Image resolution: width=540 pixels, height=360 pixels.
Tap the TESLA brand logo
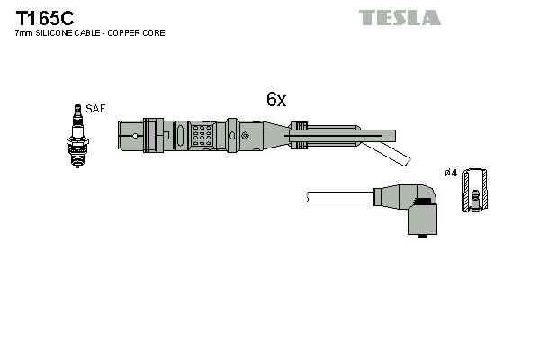click(400, 17)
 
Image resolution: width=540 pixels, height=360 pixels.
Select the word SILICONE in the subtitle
click(59, 33)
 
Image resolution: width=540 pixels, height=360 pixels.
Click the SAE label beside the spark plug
click(96, 109)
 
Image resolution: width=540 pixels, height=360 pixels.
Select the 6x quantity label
click(275, 100)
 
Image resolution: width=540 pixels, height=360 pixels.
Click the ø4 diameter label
click(451, 172)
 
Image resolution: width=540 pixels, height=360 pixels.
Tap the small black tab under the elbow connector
click(421, 238)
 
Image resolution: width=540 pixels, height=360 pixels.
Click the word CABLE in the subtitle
click(93, 33)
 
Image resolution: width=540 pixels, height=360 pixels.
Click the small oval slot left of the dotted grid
click(180, 137)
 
